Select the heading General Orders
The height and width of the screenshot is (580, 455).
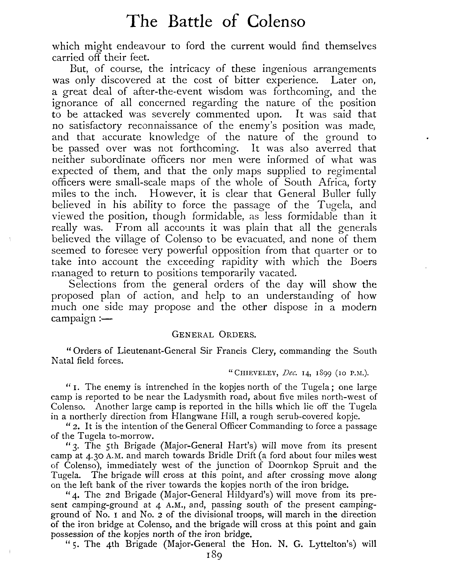pos(214,334)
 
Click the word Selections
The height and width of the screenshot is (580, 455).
pos(92,284)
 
